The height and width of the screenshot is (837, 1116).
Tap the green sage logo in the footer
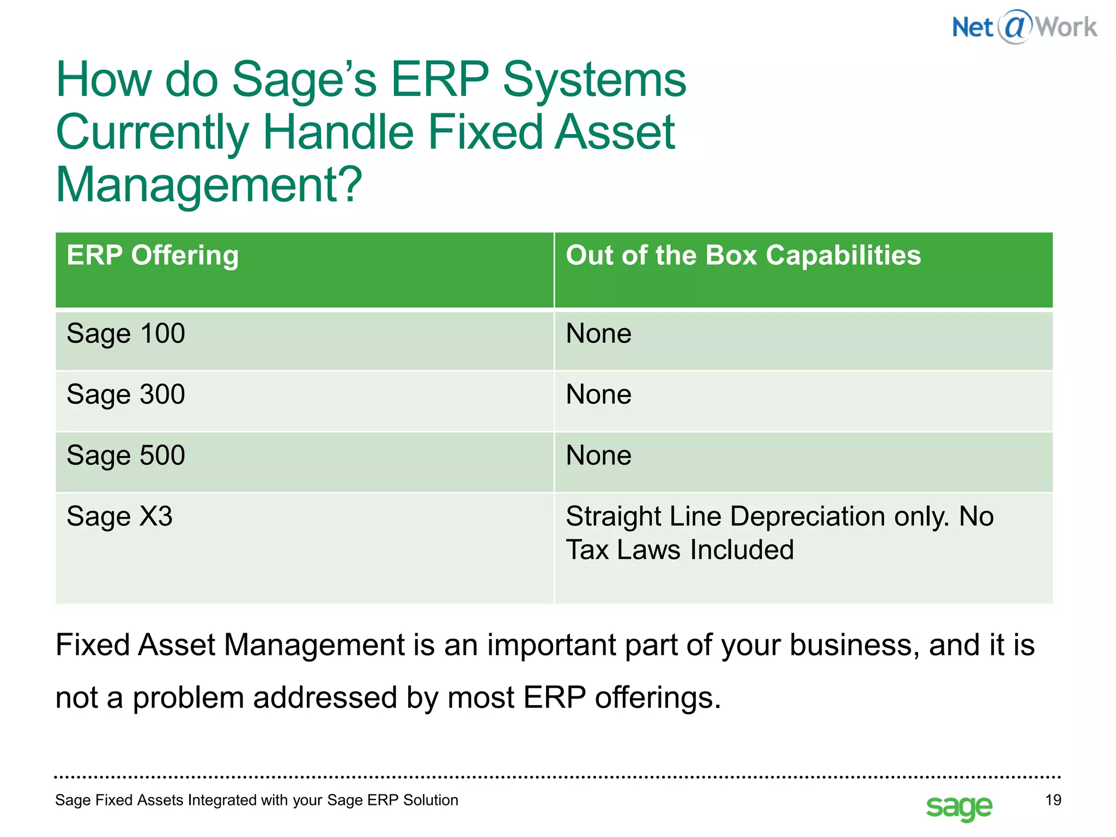pos(959,807)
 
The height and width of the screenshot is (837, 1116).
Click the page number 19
pos(1053,800)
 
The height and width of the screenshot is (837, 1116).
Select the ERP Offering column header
pos(153,256)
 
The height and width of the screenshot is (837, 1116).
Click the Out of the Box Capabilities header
pos(743,256)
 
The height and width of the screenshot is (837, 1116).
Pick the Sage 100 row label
pos(126,333)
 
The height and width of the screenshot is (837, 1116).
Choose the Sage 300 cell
pos(126,395)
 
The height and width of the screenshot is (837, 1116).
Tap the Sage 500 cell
pos(126,456)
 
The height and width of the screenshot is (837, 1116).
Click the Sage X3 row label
pos(119,517)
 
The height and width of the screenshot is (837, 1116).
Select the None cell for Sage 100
pos(598,333)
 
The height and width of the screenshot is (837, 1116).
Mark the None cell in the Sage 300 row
pos(598,395)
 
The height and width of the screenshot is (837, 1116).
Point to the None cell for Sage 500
pos(598,456)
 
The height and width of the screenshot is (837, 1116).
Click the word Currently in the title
pos(153,132)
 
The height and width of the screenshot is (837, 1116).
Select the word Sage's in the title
pos(304,80)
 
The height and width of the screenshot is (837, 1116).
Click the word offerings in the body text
pos(657,698)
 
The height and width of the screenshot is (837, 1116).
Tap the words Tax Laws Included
pos(680,550)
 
